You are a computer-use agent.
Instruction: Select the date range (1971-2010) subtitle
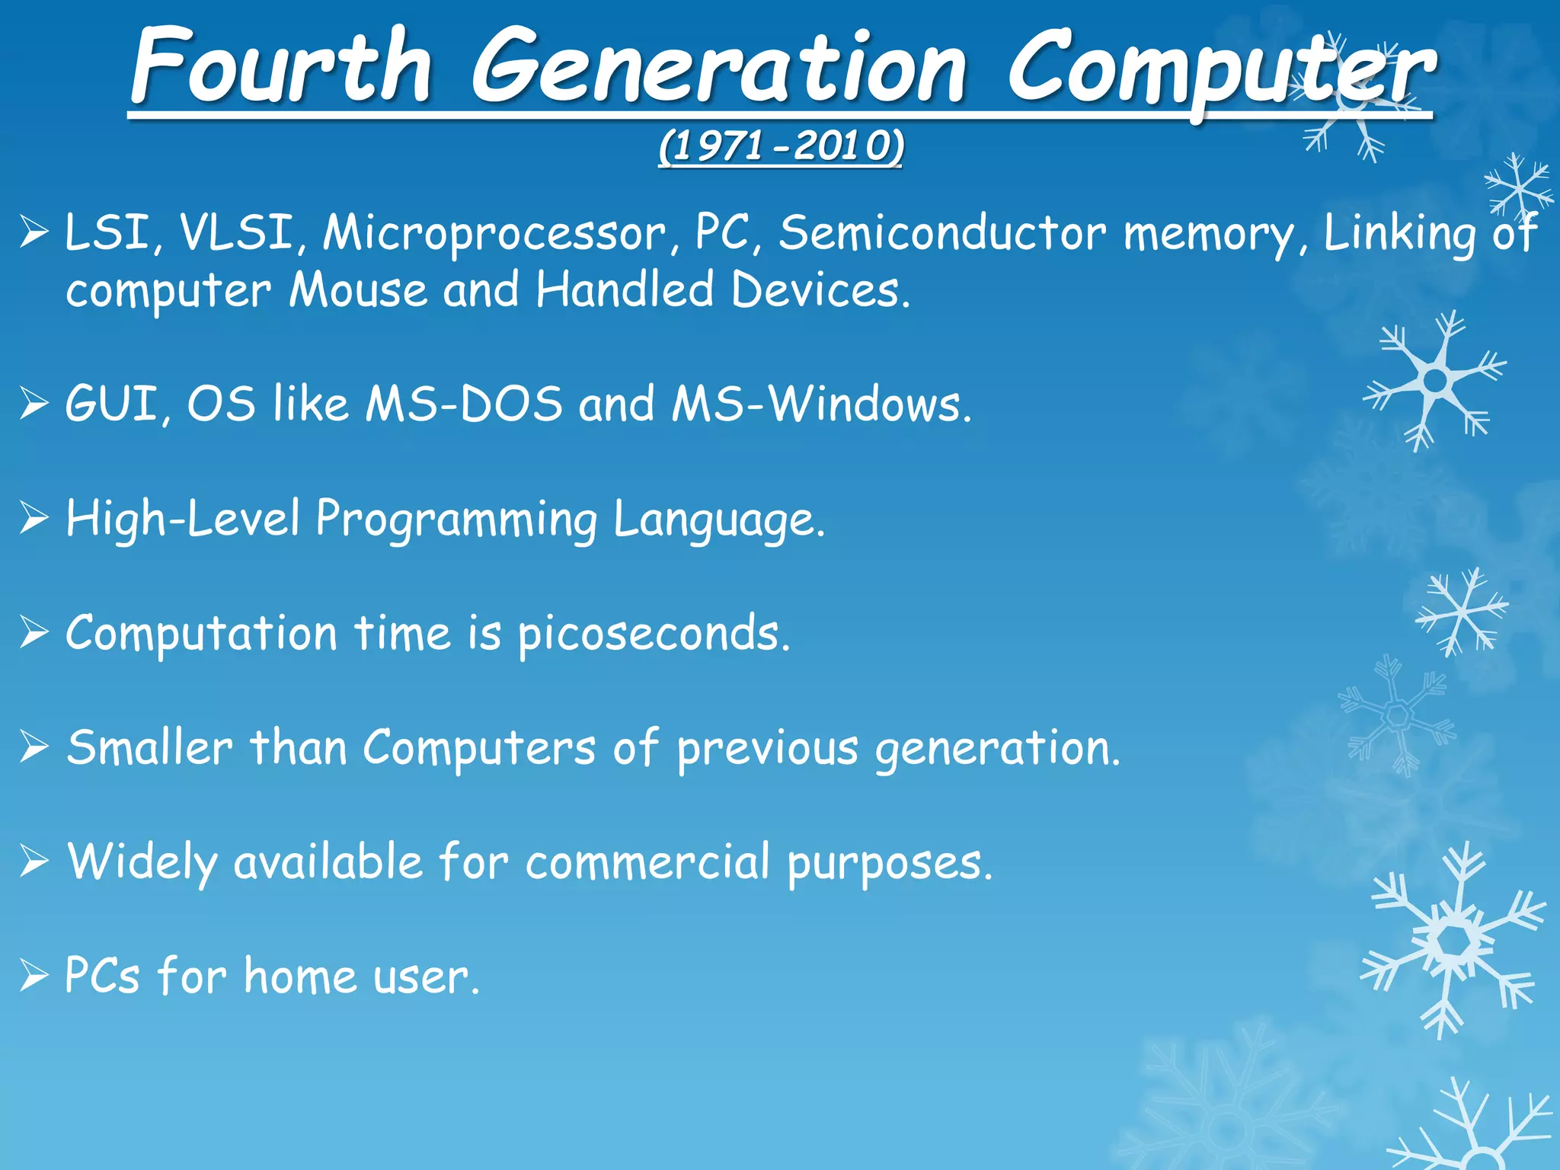781,146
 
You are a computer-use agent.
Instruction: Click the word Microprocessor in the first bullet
494,233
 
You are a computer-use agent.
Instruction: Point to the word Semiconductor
941,233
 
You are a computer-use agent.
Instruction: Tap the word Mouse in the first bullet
358,291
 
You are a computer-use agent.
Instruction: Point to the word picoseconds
654,635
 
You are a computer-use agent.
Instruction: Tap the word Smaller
149,748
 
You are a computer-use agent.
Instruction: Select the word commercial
647,863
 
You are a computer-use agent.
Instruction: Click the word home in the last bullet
300,977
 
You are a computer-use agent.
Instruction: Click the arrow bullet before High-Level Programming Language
34,519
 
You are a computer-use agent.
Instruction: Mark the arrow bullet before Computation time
34,633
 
